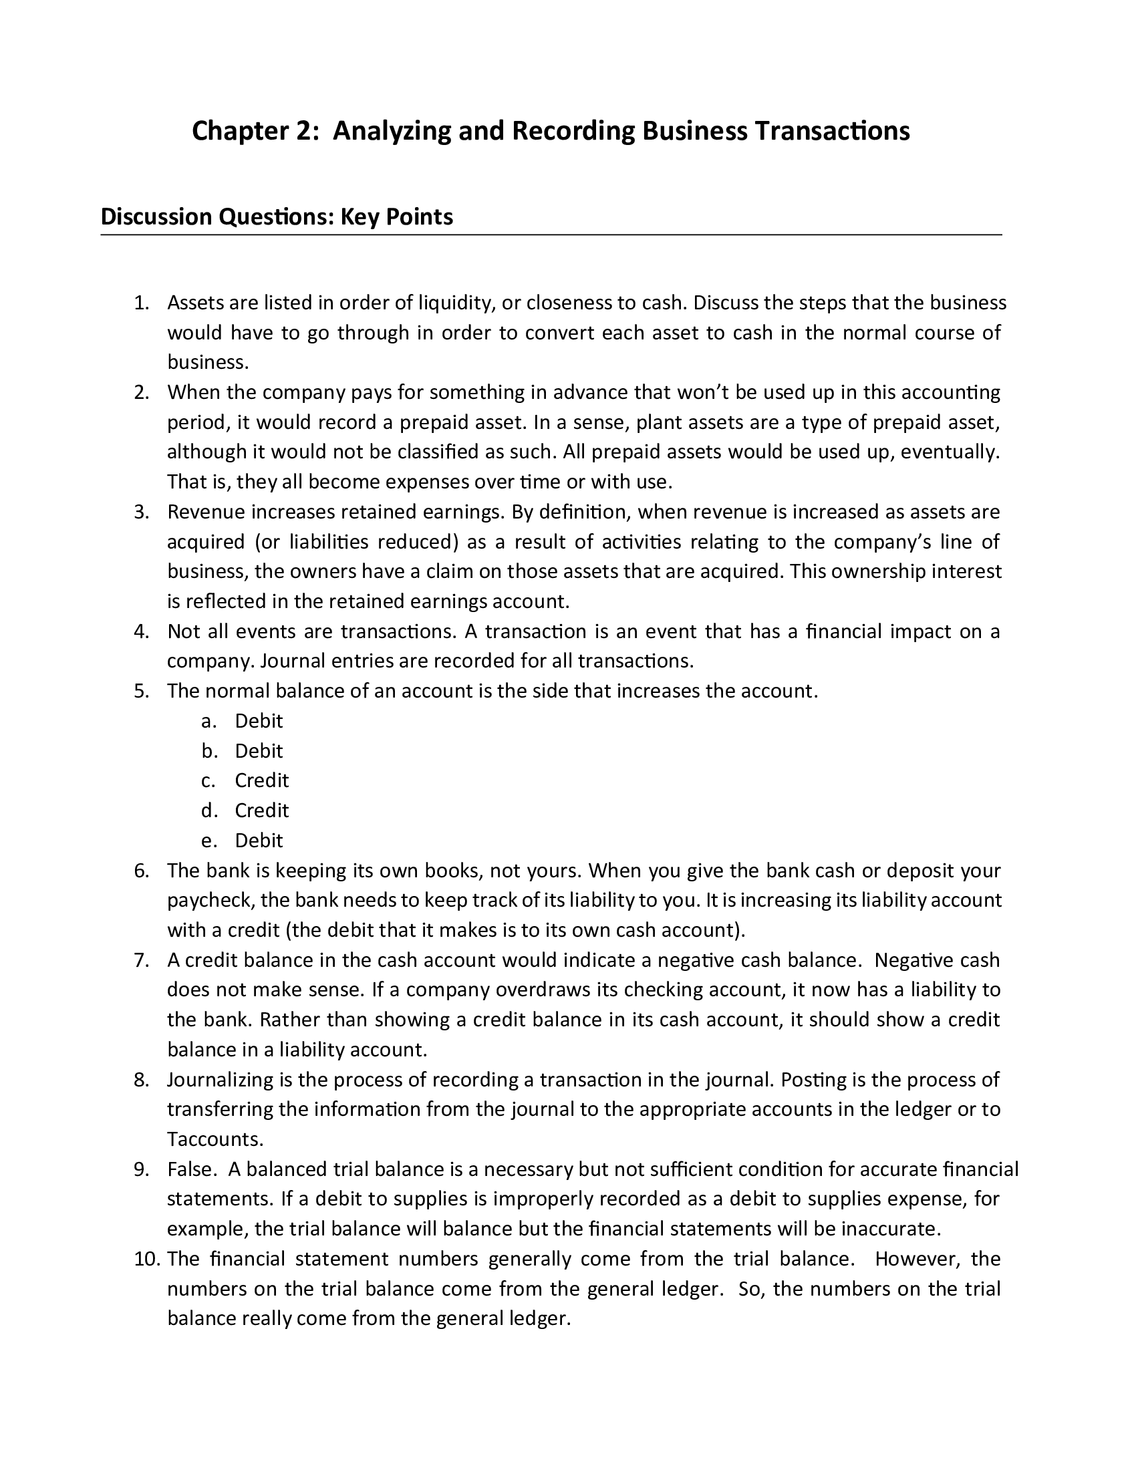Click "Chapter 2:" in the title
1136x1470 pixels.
[255, 130]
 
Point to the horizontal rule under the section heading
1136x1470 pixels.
[551, 235]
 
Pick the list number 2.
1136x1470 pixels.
[140, 392]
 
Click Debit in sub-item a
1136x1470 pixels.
[259, 721]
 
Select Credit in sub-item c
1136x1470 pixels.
[261, 780]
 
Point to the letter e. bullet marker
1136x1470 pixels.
[208, 841]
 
